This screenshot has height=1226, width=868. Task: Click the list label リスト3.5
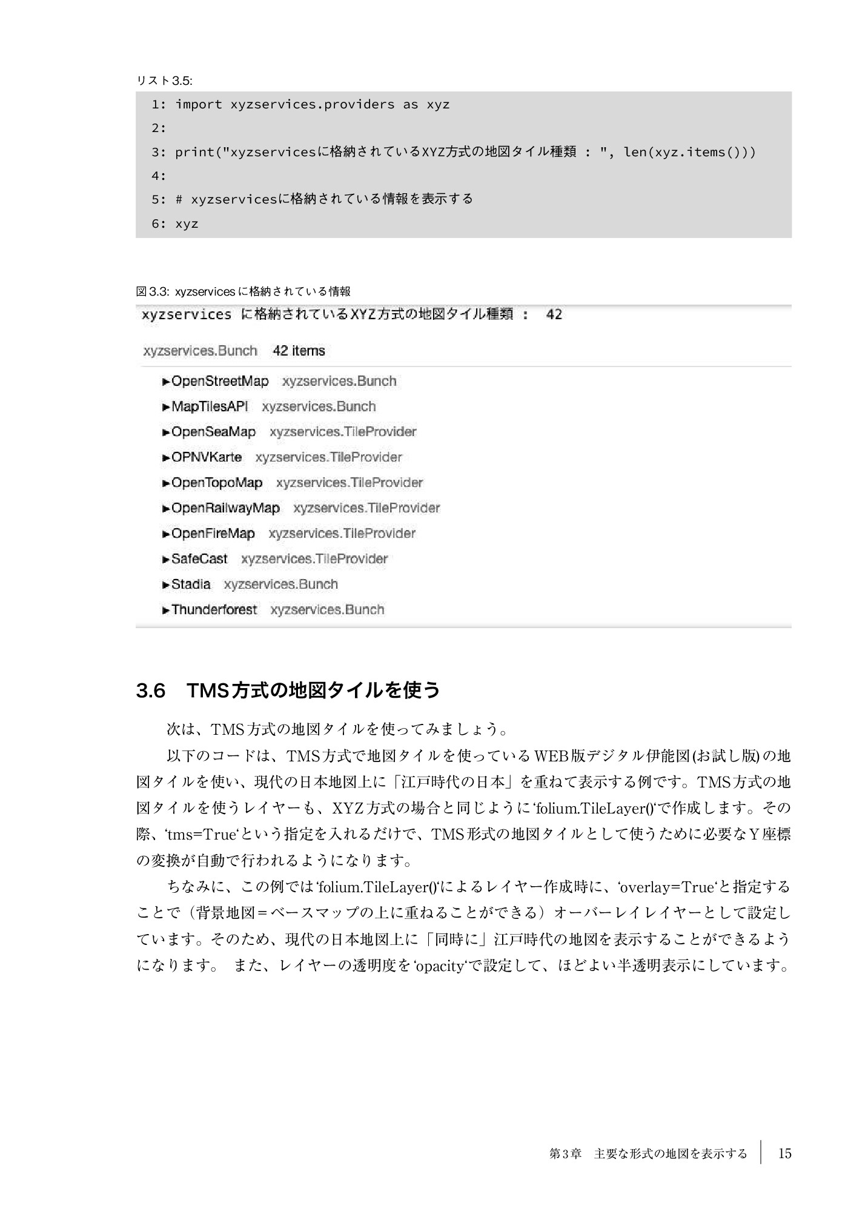[x=164, y=81]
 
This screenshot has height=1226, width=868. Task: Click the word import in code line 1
[x=199, y=104]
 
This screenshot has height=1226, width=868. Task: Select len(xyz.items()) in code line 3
[x=689, y=151]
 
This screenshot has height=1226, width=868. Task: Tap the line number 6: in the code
[x=159, y=224]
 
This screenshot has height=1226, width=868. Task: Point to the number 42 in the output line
[x=554, y=314]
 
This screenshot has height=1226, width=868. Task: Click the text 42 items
[x=299, y=351]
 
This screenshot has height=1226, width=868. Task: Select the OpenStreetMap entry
[x=219, y=381]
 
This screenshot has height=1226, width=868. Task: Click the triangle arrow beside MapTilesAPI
[x=166, y=407]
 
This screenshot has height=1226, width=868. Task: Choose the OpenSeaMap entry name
[x=213, y=432]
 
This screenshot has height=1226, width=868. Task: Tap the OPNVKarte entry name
[x=206, y=457]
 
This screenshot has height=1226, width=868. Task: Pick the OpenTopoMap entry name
[x=216, y=483]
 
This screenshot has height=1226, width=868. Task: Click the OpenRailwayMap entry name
[x=225, y=508]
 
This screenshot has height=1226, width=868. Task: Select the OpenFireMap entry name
[x=213, y=534]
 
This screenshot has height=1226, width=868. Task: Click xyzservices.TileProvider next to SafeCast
[x=314, y=559]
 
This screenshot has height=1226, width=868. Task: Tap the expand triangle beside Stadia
[x=166, y=585]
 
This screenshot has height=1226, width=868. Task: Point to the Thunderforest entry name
[x=214, y=610]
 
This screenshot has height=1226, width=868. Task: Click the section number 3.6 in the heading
[x=151, y=691]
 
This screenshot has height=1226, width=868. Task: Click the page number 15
[x=784, y=1154]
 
